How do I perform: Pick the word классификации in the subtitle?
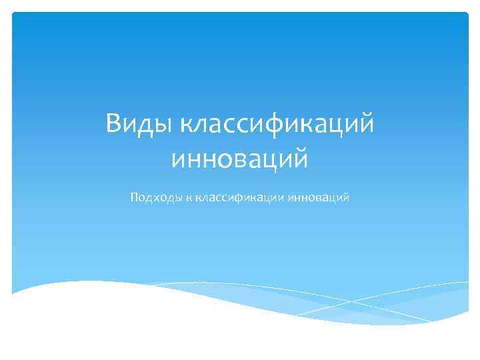[239, 198]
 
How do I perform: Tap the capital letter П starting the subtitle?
[135, 197]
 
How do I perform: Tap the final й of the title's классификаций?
[365, 124]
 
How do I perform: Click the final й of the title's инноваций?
[300, 158]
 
